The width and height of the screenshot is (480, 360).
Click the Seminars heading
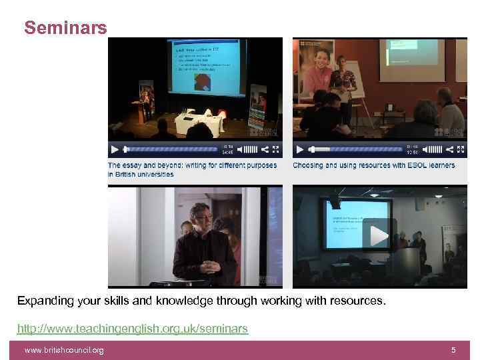(65, 28)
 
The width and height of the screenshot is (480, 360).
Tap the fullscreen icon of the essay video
(277, 150)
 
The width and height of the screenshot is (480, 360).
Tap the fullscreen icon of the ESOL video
(461, 150)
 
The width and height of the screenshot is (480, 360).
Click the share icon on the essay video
(265, 150)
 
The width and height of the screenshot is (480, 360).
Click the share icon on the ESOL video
(449, 150)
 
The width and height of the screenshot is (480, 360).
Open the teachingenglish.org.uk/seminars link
(133, 329)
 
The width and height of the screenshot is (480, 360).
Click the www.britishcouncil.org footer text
(64, 350)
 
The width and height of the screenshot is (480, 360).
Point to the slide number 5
(453, 350)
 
